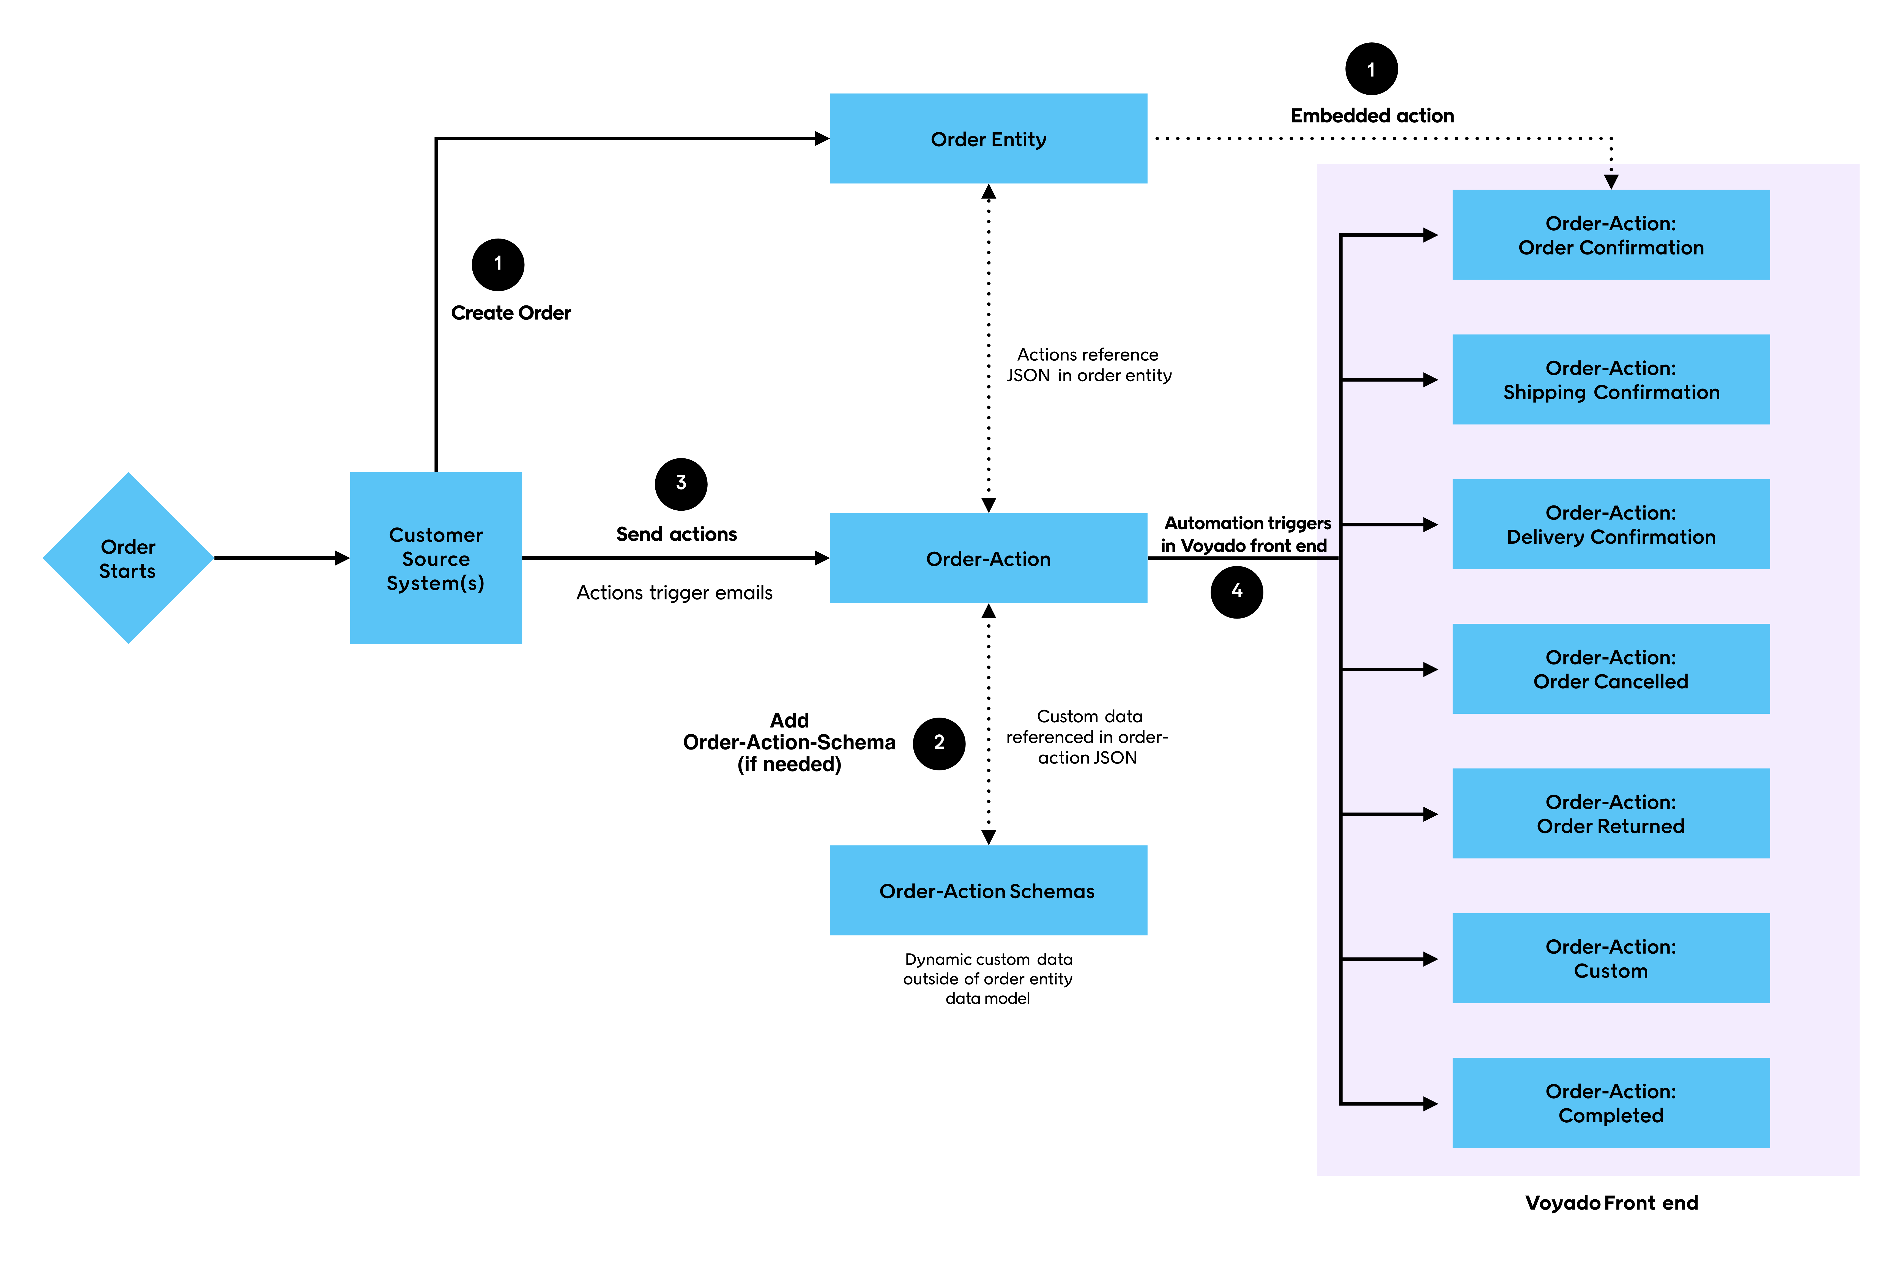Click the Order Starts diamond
coord(128,558)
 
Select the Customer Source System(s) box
coord(436,558)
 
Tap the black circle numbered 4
coord(1236,592)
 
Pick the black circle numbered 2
coord(938,743)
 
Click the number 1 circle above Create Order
coord(498,265)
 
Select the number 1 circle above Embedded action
coord(1371,69)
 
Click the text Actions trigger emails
coord(674,593)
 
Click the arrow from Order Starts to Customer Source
coord(281,558)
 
